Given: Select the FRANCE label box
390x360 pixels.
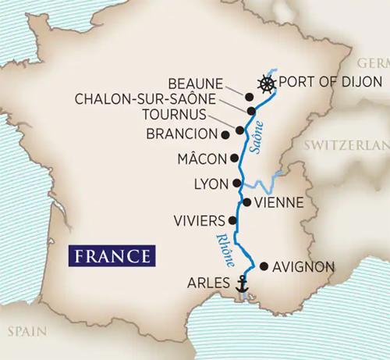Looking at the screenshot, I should pyautogui.click(x=111, y=255).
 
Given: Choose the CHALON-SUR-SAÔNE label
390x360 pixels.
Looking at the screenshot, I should pyautogui.click(x=160, y=99).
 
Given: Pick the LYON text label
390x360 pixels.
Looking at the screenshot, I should pyautogui.click(x=208, y=184).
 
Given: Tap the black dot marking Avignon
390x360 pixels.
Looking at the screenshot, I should pyautogui.click(x=264, y=266).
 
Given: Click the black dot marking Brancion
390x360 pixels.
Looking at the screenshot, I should pyautogui.click(x=225, y=134).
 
